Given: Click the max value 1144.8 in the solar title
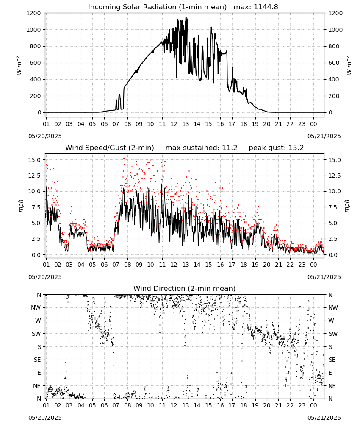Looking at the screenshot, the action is pos(266,7).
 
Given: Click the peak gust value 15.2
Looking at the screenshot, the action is pos(296,148).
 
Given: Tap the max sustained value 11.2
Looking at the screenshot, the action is pos(230,148).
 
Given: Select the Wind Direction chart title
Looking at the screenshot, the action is pos(185,288).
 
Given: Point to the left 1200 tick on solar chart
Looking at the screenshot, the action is pos(33,13).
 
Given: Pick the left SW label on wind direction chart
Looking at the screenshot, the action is pos(36,334).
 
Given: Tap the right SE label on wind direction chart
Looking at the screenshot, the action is pos(332,360).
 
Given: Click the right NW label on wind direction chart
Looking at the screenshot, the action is pos(333,307).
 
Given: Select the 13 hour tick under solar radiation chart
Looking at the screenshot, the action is pos(186,124).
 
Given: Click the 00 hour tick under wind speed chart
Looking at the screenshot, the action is pos(313,265).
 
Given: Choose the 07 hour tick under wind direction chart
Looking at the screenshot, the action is pos(116,406).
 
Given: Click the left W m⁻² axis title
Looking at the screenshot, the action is pos(19,65).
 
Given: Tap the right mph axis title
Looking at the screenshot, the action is pos(347,206).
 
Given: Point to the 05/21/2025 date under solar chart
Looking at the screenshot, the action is pos(324,136).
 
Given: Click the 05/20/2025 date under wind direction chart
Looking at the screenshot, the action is pos(45,418).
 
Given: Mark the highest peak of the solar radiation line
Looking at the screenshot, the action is pos(186,17).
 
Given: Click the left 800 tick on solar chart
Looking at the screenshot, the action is pos(36,46).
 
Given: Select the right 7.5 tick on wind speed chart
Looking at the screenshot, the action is pos(332,207).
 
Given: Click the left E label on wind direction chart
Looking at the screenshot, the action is pos(39,373).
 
